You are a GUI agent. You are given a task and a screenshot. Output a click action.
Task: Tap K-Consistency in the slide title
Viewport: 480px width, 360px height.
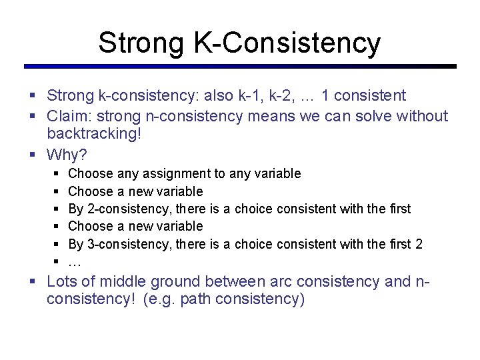click(x=287, y=43)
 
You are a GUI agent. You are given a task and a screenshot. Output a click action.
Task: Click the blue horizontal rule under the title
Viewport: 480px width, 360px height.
click(x=240, y=67)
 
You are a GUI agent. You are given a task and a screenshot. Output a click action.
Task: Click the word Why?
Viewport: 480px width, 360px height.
click(x=67, y=155)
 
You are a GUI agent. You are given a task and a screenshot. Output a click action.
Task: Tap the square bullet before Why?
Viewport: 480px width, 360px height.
click(x=33, y=155)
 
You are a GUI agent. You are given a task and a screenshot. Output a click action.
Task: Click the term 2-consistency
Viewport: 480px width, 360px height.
click(x=124, y=209)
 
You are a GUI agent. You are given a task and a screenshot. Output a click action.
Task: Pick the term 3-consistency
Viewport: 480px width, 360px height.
click(x=124, y=244)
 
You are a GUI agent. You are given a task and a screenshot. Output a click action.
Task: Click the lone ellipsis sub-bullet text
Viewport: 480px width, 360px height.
click(x=75, y=262)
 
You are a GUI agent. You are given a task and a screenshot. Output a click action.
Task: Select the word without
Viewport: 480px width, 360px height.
click(x=423, y=116)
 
